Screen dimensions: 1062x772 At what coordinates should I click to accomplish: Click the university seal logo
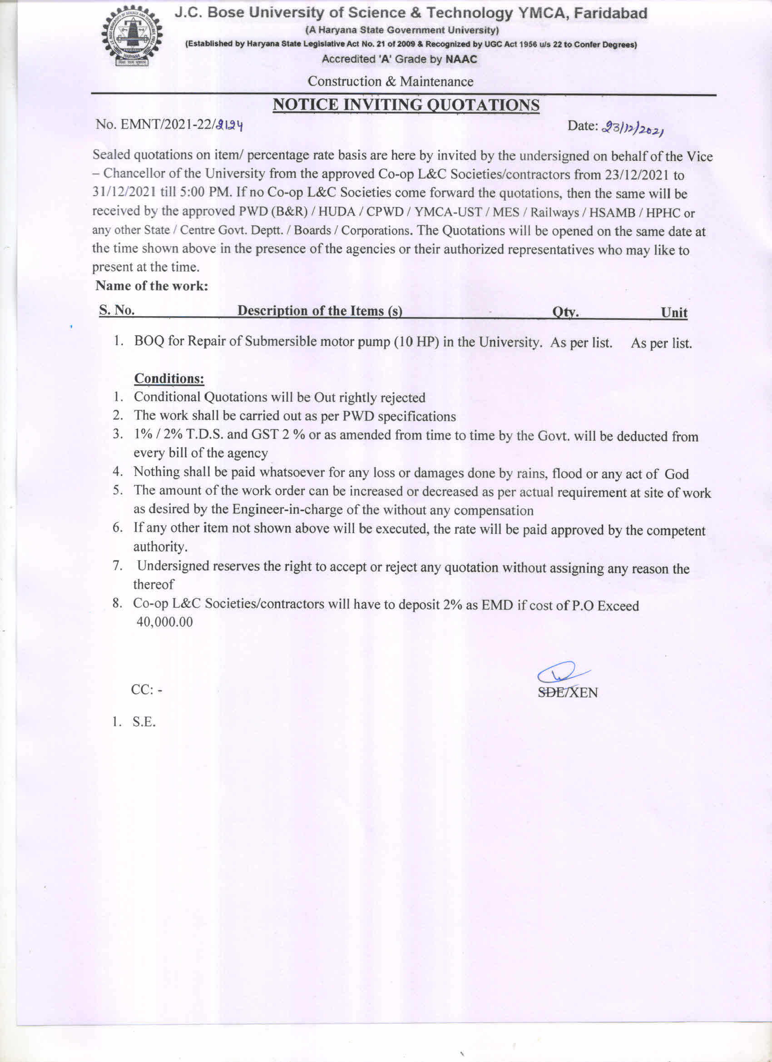tap(132, 37)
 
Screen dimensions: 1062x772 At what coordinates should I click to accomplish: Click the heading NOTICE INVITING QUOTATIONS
tap(406, 105)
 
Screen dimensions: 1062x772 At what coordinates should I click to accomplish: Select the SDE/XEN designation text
tap(567, 693)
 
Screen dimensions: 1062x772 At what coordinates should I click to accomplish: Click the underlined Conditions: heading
tap(169, 378)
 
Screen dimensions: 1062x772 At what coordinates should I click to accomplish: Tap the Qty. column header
tap(565, 312)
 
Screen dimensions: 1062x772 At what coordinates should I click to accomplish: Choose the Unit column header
tap(674, 313)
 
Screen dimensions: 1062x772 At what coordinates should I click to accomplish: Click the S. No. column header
tap(117, 310)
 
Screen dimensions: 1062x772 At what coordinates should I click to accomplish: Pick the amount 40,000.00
tap(164, 622)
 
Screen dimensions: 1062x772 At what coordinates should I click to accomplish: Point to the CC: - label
tap(147, 690)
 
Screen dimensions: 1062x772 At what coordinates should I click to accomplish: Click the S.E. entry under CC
tap(144, 722)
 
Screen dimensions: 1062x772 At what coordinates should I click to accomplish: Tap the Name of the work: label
tap(152, 286)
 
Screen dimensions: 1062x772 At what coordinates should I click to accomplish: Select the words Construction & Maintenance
tap(390, 81)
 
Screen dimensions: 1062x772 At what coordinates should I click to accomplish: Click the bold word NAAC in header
tap(461, 60)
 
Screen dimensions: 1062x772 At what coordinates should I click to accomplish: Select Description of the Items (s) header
tap(320, 310)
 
